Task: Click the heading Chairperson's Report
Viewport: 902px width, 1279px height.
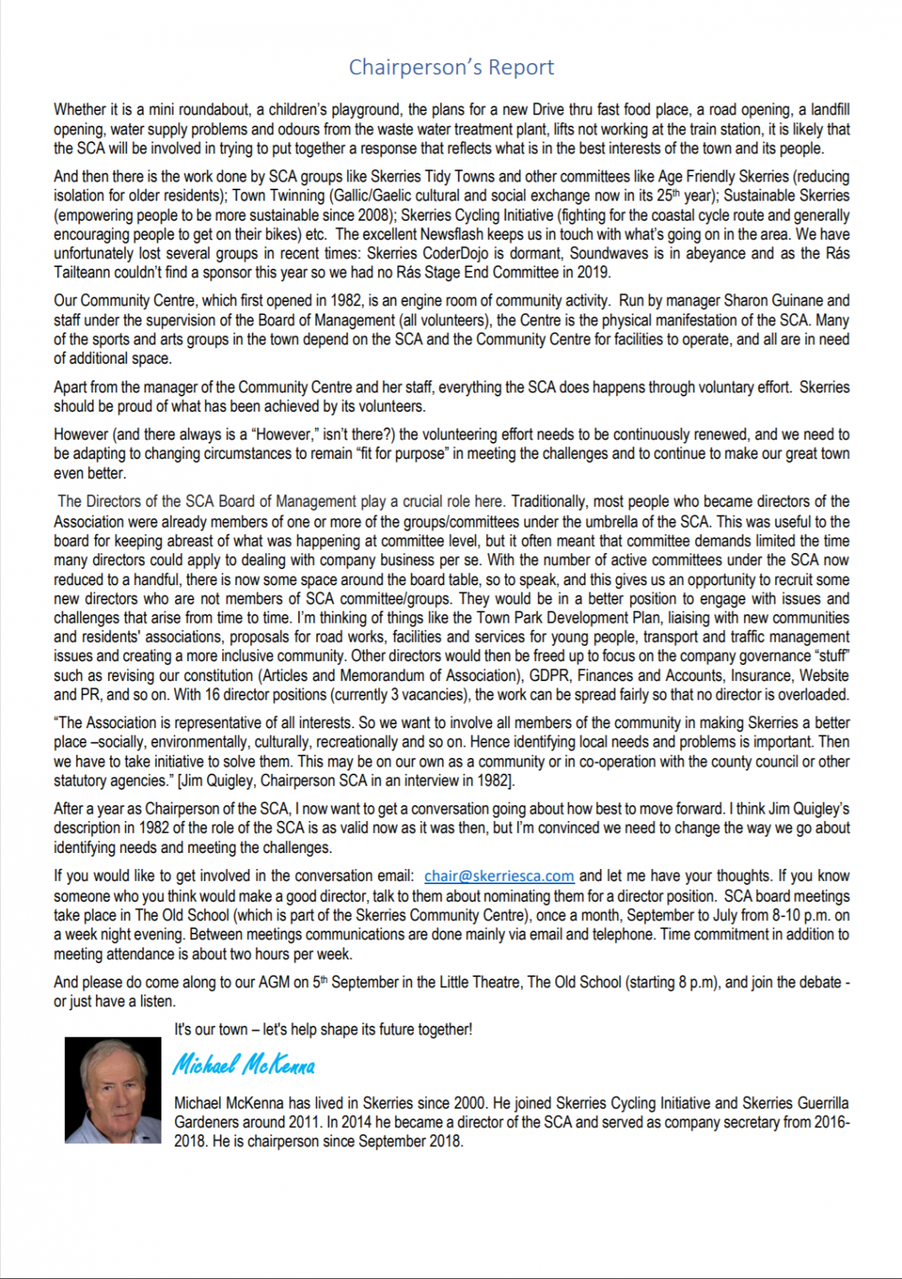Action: [x=451, y=67]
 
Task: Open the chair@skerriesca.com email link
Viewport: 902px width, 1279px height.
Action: [x=499, y=876]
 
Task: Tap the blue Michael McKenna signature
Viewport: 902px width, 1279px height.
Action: [x=244, y=1065]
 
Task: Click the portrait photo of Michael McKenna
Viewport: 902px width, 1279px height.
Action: [x=113, y=1090]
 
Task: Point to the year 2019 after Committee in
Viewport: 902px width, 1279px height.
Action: [x=593, y=273]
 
